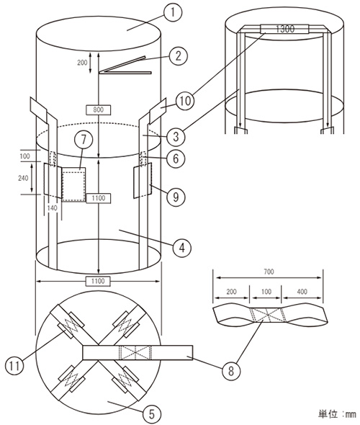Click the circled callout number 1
(173, 12)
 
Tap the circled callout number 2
(178, 56)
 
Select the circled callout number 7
(84, 140)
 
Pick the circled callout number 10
(185, 101)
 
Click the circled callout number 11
(15, 365)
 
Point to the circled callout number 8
(231, 370)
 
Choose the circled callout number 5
(152, 414)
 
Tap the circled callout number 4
(182, 248)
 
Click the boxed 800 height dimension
(98, 109)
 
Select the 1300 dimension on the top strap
(285, 29)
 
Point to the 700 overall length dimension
(269, 272)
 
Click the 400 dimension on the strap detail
(302, 291)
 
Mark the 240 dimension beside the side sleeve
(23, 178)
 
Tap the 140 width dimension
(52, 208)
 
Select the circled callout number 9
(176, 197)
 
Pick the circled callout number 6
(176, 158)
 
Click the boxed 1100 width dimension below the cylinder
(98, 281)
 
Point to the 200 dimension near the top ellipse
(82, 63)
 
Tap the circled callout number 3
(176, 136)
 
